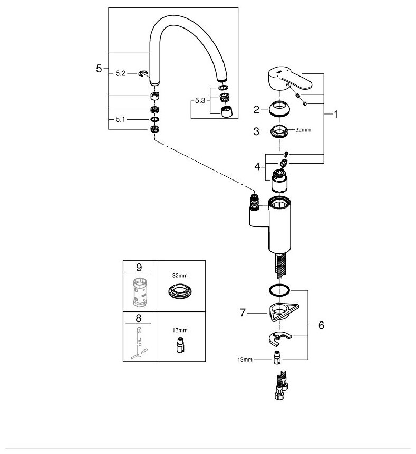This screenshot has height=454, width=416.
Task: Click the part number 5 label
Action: click(x=99, y=69)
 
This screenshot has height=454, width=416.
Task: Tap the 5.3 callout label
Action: click(x=199, y=100)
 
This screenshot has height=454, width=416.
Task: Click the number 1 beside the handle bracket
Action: click(x=336, y=113)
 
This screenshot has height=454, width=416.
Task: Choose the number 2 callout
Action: click(x=256, y=110)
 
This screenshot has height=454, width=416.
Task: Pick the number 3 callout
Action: click(x=256, y=131)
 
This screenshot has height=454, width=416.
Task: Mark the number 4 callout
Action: click(x=256, y=166)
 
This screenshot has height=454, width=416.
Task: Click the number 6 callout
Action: click(x=321, y=325)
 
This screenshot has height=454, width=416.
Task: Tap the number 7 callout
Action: click(x=243, y=313)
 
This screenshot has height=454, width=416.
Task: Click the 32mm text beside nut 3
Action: click(x=302, y=129)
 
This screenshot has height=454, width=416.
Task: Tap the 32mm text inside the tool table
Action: click(x=180, y=275)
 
